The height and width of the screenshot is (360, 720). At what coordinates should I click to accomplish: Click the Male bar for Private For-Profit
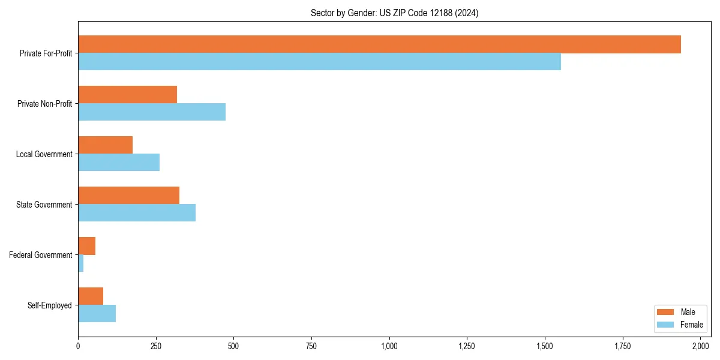click(x=379, y=44)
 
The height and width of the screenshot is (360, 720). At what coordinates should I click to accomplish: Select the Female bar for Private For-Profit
click(x=319, y=62)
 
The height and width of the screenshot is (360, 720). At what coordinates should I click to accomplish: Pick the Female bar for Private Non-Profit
click(x=152, y=112)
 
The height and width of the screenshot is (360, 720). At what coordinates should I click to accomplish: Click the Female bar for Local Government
click(x=119, y=163)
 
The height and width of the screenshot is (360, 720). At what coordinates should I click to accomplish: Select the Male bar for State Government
click(x=128, y=196)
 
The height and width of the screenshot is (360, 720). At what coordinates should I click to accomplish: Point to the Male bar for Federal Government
click(x=86, y=246)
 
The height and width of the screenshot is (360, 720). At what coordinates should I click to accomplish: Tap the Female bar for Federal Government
click(x=81, y=263)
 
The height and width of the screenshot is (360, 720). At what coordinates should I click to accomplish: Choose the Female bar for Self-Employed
click(x=97, y=314)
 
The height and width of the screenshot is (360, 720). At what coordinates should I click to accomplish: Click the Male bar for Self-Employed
click(x=91, y=296)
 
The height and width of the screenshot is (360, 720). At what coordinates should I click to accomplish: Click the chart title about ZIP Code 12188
click(x=394, y=13)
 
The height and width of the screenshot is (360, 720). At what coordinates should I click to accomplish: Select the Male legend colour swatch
click(x=666, y=312)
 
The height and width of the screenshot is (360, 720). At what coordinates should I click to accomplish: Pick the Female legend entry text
click(x=691, y=325)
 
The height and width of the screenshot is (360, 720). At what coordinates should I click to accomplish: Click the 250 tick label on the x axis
click(x=156, y=346)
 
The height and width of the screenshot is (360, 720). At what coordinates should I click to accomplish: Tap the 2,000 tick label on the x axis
click(x=700, y=346)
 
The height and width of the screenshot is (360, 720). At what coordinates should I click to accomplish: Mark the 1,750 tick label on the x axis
click(x=623, y=346)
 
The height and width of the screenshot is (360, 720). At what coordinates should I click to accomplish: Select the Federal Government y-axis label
click(x=41, y=255)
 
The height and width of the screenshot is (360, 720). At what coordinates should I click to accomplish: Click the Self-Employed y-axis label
click(x=50, y=305)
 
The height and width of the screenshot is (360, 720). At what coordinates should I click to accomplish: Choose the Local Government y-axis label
click(x=44, y=154)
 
